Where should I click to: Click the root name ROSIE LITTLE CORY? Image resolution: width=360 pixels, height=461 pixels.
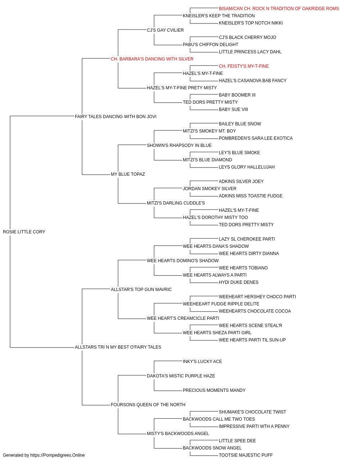[x=24, y=232]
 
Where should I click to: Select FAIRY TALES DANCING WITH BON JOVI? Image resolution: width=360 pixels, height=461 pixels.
[x=116, y=116]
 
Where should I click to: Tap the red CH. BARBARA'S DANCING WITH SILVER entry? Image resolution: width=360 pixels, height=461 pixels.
[x=152, y=59]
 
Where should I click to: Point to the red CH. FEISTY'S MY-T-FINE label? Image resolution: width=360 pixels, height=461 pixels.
[x=244, y=66]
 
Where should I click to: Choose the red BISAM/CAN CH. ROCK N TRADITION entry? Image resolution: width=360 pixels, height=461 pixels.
[x=279, y=9]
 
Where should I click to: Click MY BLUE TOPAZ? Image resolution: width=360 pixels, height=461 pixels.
[x=128, y=174]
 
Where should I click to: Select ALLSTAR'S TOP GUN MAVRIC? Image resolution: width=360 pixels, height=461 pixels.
[x=141, y=289]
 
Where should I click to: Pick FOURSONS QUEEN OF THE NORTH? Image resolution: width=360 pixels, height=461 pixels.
[x=148, y=404]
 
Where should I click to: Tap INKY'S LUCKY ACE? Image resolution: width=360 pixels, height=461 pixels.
[x=202, y=361]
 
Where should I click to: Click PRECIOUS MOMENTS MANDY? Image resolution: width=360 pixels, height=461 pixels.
[x=214, y=390]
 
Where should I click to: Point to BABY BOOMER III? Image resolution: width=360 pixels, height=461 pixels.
[x=237, y=95]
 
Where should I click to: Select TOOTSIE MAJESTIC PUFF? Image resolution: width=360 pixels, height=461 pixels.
[x=246, y=455]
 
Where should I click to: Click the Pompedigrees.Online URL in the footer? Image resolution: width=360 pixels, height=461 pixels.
[x=58, y=455]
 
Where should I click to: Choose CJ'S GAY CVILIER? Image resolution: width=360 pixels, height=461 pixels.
[x=165, y=30]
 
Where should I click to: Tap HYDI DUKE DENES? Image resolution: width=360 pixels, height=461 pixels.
[x=239, y=282]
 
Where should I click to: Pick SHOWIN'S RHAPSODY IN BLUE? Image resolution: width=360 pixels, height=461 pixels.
[x=179, y=145]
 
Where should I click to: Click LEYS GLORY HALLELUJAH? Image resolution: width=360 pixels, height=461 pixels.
[x=247, y=167]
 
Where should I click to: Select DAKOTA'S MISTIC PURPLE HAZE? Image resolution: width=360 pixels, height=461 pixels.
[x=181, y=376]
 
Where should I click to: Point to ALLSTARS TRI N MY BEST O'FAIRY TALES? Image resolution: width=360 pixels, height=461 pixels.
[x=118, y=347]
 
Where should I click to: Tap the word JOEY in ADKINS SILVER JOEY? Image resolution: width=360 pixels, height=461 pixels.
[x=257, y=182]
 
